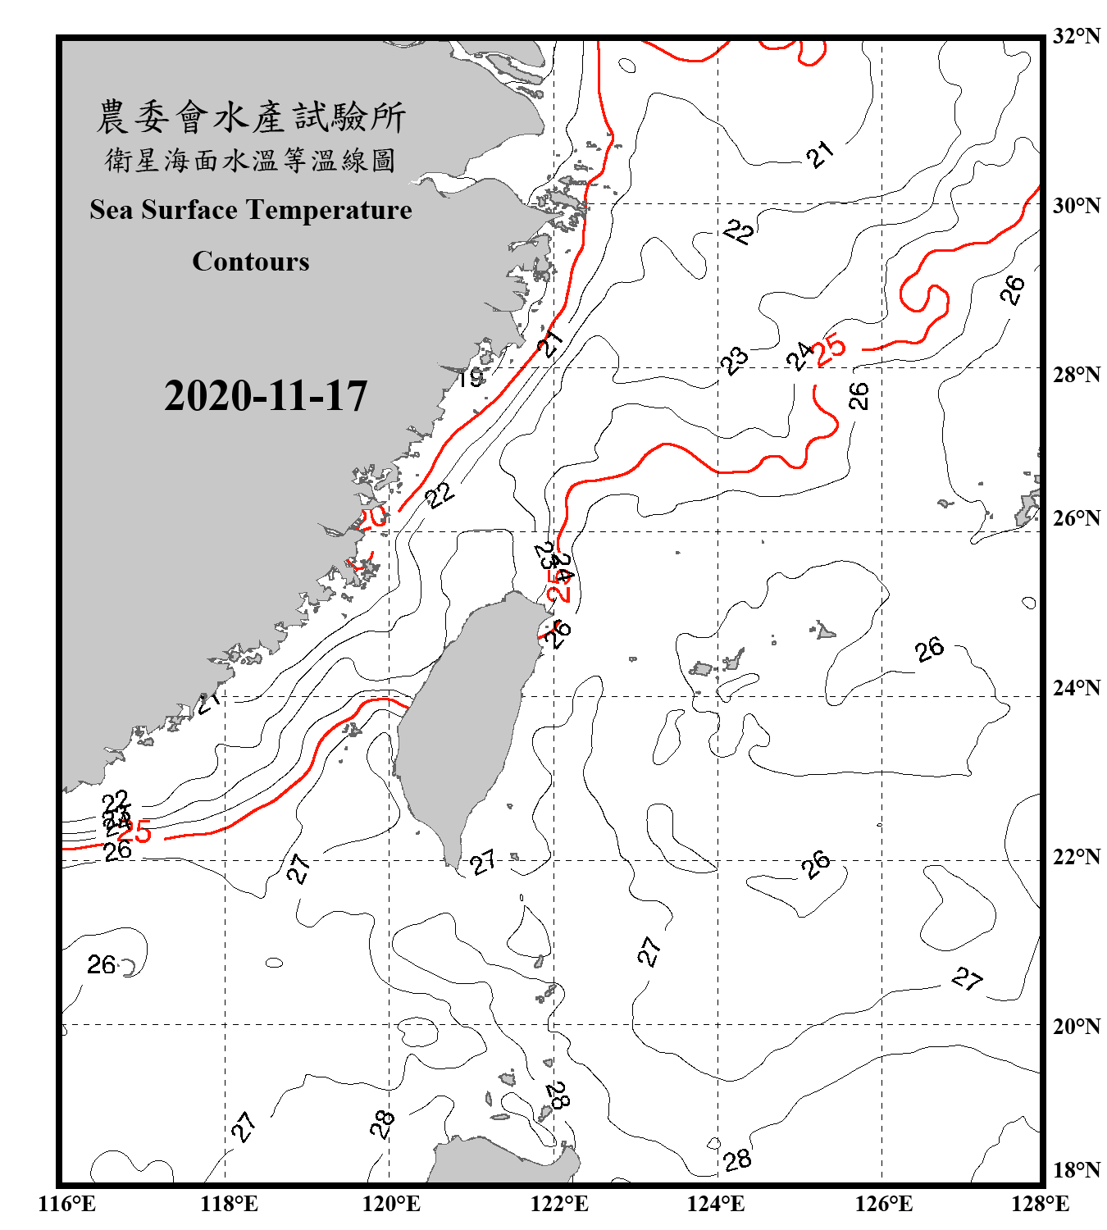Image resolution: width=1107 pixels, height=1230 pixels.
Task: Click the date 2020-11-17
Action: (x=266, y=396)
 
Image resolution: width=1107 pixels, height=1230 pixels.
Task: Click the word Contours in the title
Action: (x=251, y=262)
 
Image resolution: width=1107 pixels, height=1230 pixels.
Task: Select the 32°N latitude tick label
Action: (x=1076, y=36)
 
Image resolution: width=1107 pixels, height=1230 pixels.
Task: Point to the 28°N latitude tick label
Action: (x=1076, y=375)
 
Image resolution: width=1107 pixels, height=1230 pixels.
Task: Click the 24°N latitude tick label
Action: (x=1076, y=687)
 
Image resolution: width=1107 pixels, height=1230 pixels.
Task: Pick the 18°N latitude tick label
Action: (x=1076, y=1169)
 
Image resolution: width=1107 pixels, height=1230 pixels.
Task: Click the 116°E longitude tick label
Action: (x=67, y=1204)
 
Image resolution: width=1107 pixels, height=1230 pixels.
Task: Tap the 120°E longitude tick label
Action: (x=391, y=1204)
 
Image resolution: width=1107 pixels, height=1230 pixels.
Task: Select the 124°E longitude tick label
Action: (x=716, y=1204)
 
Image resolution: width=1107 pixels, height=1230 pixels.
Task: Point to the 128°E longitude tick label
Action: (x=1040, y=1204)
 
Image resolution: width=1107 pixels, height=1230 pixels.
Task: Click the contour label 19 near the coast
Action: (x=470, y=378)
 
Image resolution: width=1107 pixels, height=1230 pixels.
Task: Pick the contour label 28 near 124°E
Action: (x=737, y=1159)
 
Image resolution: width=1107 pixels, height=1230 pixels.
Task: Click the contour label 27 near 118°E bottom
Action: (x=244, y=1127)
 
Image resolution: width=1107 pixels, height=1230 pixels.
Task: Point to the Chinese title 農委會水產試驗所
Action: (x=251, y=117)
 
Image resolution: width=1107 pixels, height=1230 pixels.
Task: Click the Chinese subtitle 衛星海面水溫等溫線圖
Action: (x=251, y=160)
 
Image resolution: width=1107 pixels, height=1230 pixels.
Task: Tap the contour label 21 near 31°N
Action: (x=820, y=153)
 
